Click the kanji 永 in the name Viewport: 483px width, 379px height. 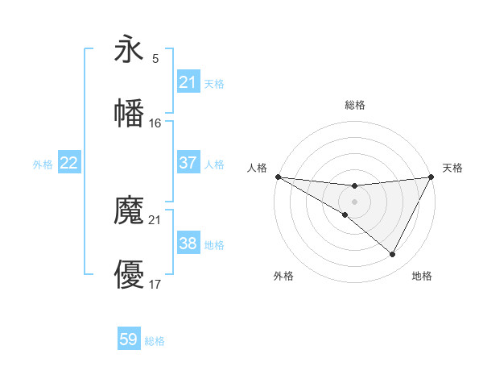point(130,51)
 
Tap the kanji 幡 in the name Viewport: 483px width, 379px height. point(130,113)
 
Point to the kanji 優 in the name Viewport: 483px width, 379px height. point(130,274)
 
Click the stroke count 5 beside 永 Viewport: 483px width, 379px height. point(155,59)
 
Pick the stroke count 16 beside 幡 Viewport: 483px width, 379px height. point(155,123)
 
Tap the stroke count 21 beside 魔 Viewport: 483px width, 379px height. point(155,219)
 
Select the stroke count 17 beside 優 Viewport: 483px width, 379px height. point(155,284)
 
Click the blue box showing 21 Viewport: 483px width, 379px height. point(188,82)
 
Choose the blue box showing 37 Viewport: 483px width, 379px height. point(188,163)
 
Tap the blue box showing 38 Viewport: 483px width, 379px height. point(188,244)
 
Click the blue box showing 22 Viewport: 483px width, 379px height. point(69,163)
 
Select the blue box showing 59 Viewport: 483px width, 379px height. point(129,339)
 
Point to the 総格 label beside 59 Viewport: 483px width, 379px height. point(155,341)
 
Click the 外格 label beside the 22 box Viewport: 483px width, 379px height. point(43,165)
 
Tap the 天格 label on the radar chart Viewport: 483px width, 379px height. point(453,168)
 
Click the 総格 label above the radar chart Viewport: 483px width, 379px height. point(354,105)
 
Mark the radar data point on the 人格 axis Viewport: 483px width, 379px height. point(277,177)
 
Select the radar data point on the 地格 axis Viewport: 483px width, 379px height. point(393,255)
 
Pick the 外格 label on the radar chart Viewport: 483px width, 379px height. point(283,276)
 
